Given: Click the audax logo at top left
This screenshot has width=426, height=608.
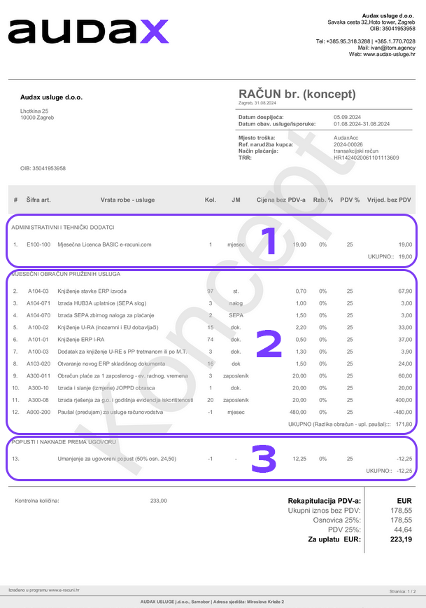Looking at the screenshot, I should coord(88,32).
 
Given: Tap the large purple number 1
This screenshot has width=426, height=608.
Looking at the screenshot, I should coord(268,242).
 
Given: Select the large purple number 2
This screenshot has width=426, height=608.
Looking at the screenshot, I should coord(268,345).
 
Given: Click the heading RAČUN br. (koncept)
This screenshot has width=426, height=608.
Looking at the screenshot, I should coord(297,94).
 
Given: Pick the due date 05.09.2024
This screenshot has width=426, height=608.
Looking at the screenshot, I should coord(348,117).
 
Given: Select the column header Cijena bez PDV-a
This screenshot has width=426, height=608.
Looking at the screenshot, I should coord(281,200).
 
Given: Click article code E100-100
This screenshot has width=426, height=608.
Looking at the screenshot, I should coord(38,244).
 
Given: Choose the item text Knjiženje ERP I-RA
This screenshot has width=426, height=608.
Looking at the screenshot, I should coord(82,339).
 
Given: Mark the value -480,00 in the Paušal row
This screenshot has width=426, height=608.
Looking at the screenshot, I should coord(402,412).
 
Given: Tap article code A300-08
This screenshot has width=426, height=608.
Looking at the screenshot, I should coord(38,399).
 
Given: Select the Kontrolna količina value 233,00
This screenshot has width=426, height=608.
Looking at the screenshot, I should coord(159,501).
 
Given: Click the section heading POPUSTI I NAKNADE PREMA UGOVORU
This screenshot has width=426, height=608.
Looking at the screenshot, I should coord(63,442).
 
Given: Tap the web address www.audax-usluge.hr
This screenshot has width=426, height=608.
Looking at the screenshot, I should coord(389,53).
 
